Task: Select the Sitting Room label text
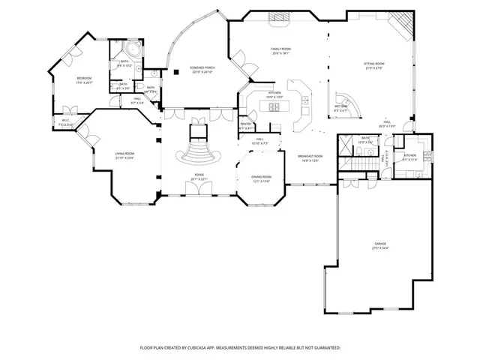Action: [374, 66]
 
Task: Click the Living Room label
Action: [124, 155]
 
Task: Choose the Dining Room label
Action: [262, 178]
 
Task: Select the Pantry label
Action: [245, 125]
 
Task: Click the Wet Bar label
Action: [340, 106]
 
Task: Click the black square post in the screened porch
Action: [174, 73]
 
